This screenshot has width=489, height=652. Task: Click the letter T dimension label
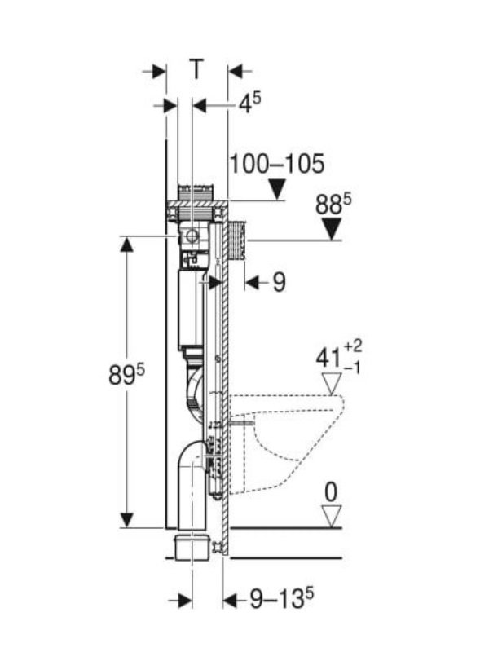point(196,71)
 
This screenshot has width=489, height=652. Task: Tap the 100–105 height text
point(276,164)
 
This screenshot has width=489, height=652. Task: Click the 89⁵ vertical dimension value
point(126,376)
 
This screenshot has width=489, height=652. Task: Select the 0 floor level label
point(331,491)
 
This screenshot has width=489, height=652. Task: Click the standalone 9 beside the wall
point(279,283)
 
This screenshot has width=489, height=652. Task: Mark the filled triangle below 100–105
point(278,191)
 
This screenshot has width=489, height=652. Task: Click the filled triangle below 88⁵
point(331,231)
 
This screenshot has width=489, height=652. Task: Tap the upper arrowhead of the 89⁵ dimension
point(126,245)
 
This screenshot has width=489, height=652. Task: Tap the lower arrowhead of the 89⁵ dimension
point(126,519)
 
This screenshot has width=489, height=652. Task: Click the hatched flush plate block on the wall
point(238,240)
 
